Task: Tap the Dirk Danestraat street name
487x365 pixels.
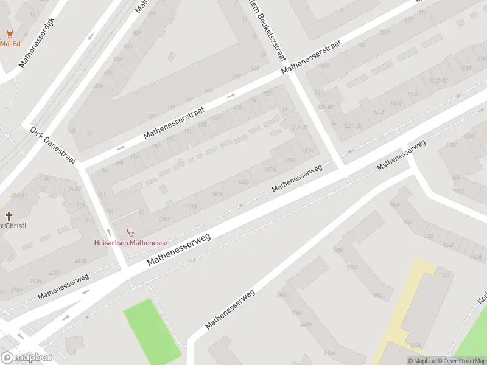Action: coord(54,145)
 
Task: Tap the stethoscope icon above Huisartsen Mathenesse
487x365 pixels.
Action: coord(130,232)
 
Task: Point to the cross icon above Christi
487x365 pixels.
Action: coord(9,215)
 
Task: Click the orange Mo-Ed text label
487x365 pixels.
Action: coord(10,44)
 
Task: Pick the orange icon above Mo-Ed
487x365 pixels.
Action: coord(10,33)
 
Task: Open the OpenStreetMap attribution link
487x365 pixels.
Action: coord(460,361)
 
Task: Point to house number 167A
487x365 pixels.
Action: coord(217,195)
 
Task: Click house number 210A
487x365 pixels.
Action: coord(329,353)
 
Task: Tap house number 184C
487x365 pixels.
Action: coord(379,296)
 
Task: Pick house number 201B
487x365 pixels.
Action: coord(80,260)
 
